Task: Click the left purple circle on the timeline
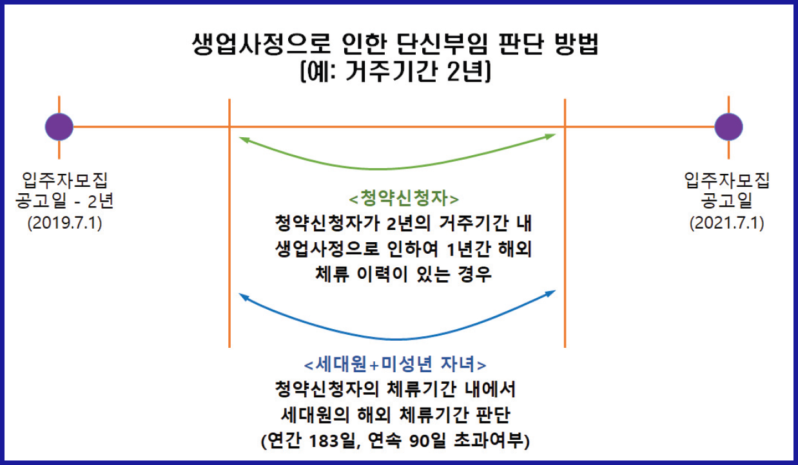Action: [59, 126]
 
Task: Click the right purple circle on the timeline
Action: [728, 126]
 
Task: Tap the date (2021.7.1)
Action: [727, 223]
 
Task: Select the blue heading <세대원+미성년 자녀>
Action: [400, 365]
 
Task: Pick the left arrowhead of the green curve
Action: [242, 137]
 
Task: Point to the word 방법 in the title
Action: [576, 46]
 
